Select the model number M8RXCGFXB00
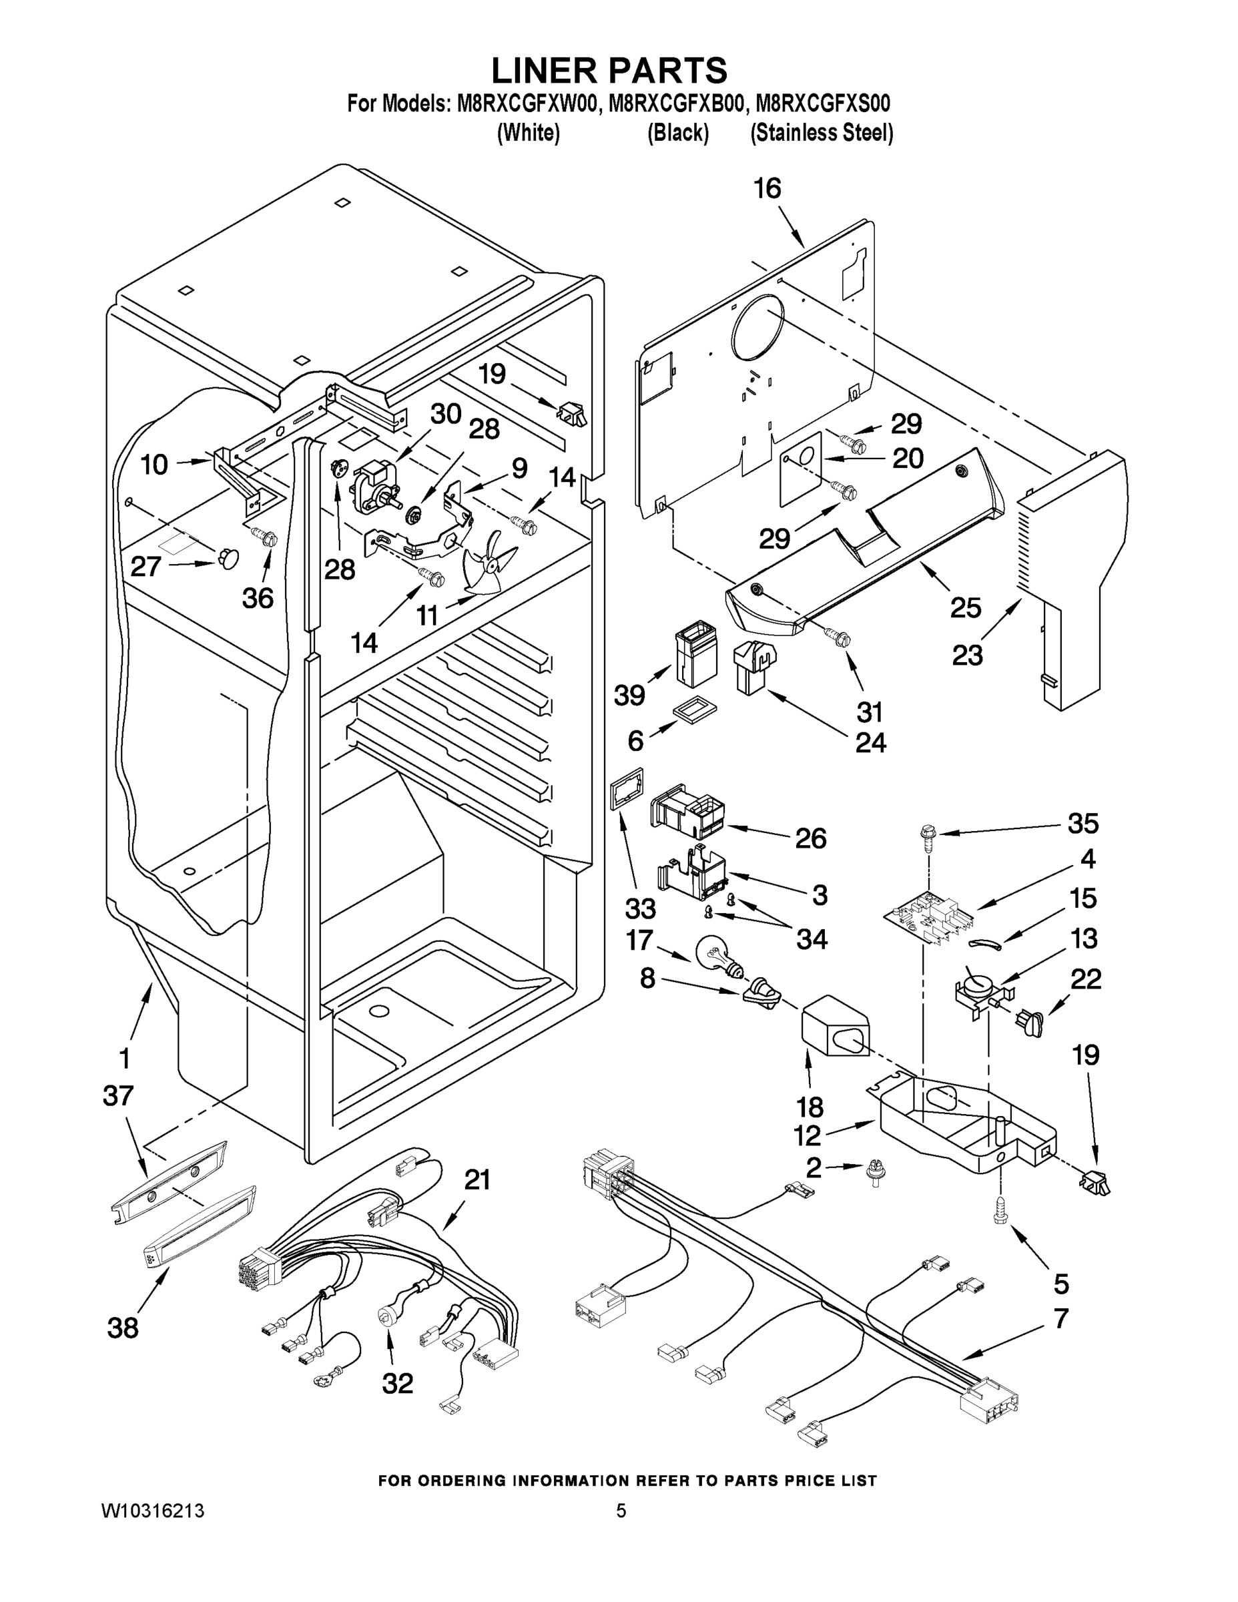point(675,103)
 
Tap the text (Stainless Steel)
point(822,133)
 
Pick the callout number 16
point(767,190)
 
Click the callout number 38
point(123,1328)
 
